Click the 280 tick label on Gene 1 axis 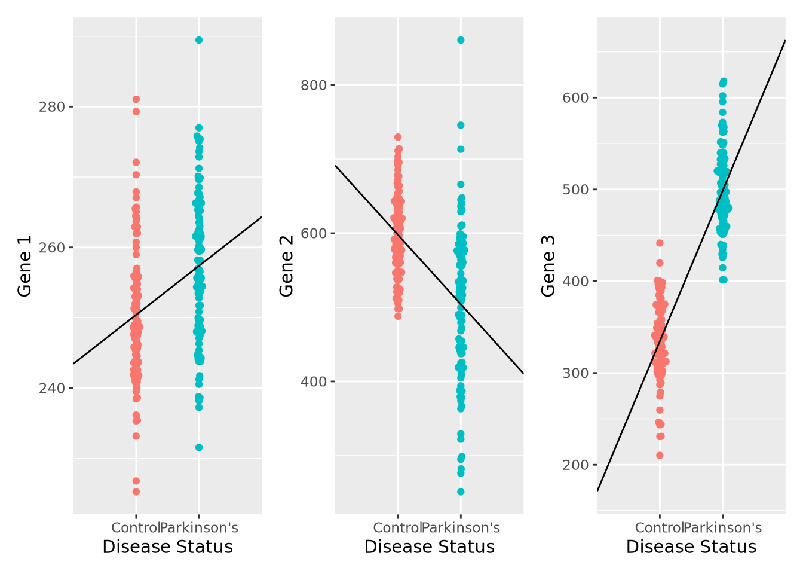point(51,107)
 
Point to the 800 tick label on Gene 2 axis point(314,85)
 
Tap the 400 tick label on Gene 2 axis point(314,381)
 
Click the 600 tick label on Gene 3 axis point(575,98)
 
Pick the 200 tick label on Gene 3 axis point(575,465)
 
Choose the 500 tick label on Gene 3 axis point(575,190)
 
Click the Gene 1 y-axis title point(24,266)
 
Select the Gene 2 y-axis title point(287,266)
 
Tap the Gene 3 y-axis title point(548,266)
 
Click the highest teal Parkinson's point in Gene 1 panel point(199,40)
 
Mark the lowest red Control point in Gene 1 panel point(136,491)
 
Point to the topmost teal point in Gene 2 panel point(461,40)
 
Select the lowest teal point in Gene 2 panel point(461,491)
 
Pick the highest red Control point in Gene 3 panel point(660,243)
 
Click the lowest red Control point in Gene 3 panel point(660,455)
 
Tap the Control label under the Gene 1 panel point(135,528)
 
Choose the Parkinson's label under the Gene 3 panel point(723,528)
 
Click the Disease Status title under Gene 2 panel point(430,547)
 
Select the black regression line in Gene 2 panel point(429,269)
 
